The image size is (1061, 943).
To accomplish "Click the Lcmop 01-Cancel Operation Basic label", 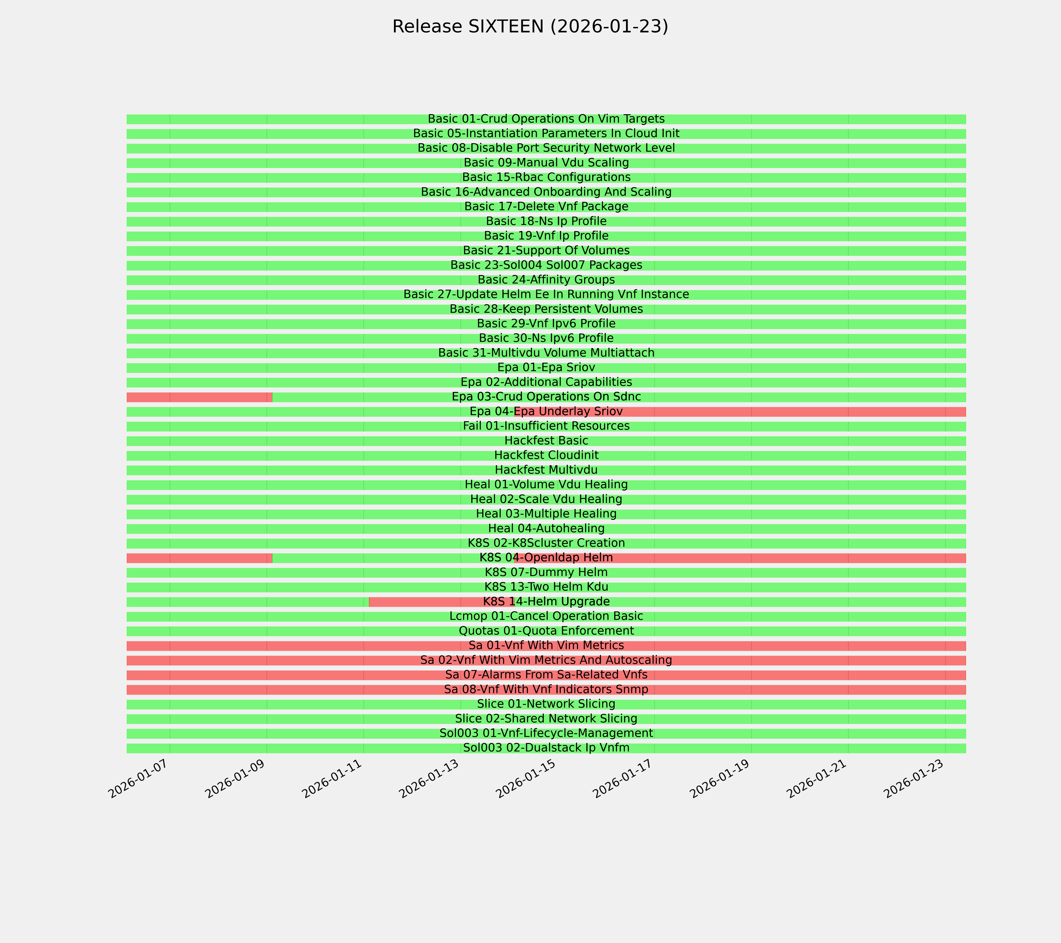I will [546, 616].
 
